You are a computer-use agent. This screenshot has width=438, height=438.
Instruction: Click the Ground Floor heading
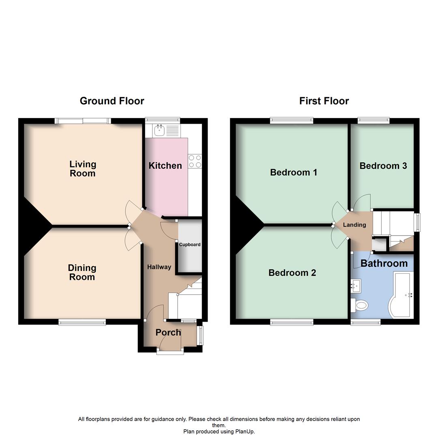pyautogui.click(x=112, y=101)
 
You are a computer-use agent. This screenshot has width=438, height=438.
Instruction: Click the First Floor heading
pyautogui.click(x=324, y=101)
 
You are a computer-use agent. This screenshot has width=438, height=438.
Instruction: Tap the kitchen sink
pyautogui.click(x=159, y=130)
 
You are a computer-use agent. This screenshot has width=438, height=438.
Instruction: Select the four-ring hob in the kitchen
pyautogui.click(x=195, y=161)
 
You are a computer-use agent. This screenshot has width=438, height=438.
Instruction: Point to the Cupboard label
pyautogui.click(x=190, y=245)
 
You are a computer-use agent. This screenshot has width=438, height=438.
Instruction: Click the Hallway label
pyautogui.click(x=159, y=267)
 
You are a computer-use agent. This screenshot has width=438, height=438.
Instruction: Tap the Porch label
pyautogui.click(x=168, y=333)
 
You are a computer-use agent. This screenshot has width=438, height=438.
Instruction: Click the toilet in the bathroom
pyautogui.click(x=359, y=305)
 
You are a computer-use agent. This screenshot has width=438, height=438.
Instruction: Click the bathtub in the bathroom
pyautogui.click(x=401, y=296)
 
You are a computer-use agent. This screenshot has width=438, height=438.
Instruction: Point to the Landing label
pyautogui.click(x=354, y=225)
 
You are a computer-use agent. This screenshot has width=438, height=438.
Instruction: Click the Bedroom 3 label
pyautogui.click(x=383, y=166)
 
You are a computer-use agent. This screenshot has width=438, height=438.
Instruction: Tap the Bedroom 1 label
pyautogui.click(x=294, y=172)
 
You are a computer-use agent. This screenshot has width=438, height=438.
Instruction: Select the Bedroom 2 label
pyautogui.click(x=292, y=273)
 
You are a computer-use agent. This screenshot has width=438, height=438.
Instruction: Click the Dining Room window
pyautogui.click(x=82, y=322)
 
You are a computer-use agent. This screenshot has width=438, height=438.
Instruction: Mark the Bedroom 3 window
pyautogui.click(x=374, y=120)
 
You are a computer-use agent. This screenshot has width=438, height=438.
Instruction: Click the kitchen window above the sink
pyautogui.click(x=163, y=120)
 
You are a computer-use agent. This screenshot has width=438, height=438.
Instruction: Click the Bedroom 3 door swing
pyautogui.click(x=361, y=201)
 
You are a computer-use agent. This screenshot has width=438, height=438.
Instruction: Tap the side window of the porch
pyautogui.click(x=200, y=335)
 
